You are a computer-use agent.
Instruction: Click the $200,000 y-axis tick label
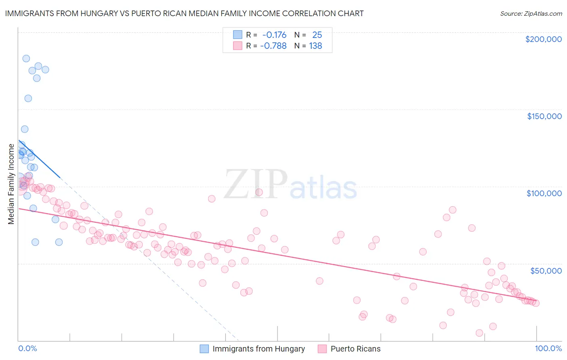(543, 39)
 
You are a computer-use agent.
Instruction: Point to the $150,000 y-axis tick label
(544, 116)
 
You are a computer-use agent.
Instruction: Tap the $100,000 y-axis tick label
(544, 193)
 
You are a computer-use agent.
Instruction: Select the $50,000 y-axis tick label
(546, 270)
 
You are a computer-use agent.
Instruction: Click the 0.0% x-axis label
(27, 348)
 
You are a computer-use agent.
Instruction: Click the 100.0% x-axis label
(548, 348)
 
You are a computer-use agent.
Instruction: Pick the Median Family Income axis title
(11, 184)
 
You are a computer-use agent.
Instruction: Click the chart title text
(184, 13)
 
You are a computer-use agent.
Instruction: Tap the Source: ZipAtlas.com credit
(531, 14)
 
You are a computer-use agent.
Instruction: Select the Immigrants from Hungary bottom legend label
(258, 349)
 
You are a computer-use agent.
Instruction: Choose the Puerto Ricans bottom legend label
(355, 349)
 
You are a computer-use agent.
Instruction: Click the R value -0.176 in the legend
(274, 35)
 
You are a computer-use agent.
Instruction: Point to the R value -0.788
(273, 46)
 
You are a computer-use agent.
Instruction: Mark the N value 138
(315, 46)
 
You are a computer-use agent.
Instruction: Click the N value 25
(317, 35)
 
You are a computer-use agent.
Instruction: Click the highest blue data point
(26, 59)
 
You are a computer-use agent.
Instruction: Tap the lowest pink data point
(479, 333)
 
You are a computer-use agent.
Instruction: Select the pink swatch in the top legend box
(238, 46)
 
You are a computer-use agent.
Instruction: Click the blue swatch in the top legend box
(238, 35)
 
